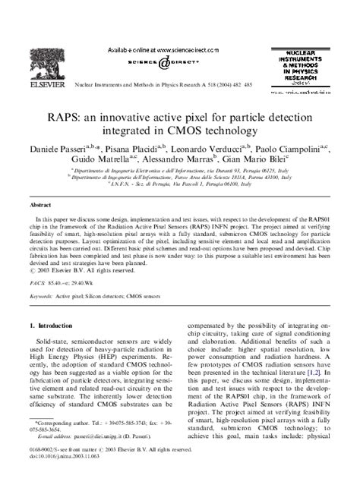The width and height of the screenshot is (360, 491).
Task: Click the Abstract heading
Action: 43,205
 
